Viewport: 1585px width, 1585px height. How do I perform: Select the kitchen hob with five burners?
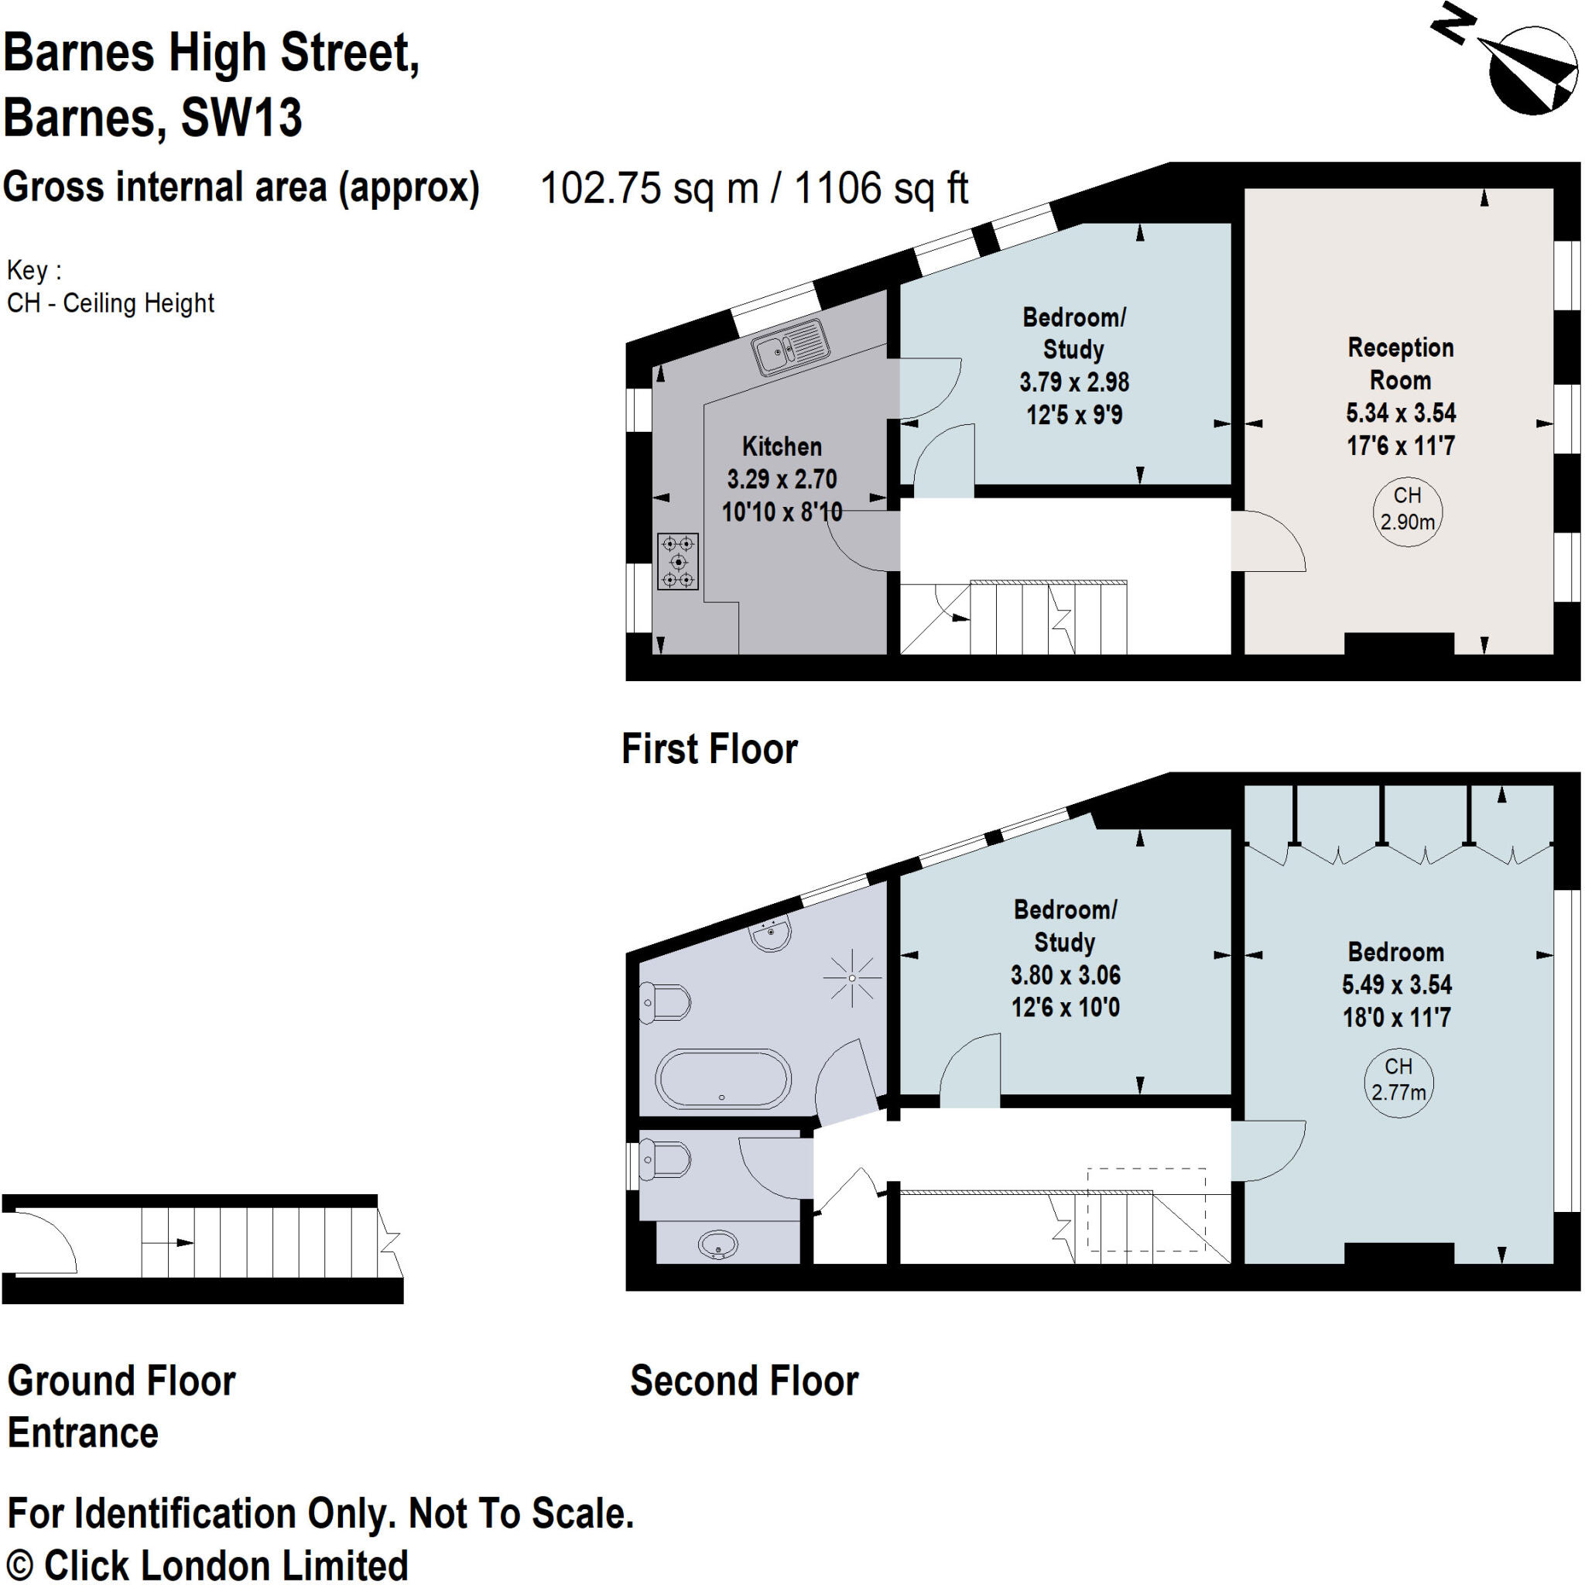click(678, 562)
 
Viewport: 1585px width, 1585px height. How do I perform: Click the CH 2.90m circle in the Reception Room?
click(1407, 508)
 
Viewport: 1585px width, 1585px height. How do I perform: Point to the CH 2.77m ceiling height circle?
click(1398, 1080)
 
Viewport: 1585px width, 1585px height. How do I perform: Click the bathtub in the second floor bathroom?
click(723, 1079)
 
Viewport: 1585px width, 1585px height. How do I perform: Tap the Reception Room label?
click(1400, 364)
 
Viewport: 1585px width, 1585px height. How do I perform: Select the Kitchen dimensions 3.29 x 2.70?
click(782, 479)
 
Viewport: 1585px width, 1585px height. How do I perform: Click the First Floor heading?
click(709, 749)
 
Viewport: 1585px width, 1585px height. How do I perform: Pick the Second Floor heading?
click(743, 1381)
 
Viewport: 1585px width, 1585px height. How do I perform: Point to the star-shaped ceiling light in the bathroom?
click(852, 978)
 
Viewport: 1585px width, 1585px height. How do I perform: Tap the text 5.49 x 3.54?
click(1396, 984)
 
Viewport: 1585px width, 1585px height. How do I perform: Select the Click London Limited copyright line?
click(207, 1564)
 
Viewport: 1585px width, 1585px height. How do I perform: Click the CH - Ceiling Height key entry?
click(110, 303)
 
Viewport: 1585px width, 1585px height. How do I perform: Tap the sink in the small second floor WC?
click(718, 1244)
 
